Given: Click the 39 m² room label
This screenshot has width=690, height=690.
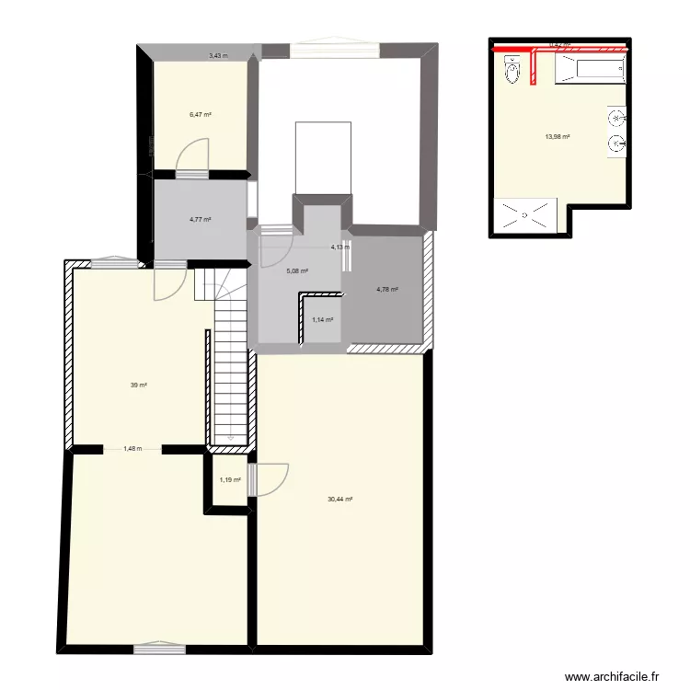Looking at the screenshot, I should [x=139, y=385].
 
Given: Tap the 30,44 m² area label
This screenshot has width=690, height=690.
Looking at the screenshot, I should [x=340, y=500].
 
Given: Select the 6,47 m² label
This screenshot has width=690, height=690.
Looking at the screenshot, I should [x=201, y=115].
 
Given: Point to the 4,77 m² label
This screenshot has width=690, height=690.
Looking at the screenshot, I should [x=201, y=220].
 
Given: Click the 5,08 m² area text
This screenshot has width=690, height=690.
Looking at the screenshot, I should [x=297, y=271].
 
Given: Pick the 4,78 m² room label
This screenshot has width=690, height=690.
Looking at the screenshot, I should [x=387, y=290].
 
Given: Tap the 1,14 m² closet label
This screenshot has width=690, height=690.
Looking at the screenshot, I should [x=322, y=320].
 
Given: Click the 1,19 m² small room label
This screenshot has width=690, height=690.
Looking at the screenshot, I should [x=230, y=479].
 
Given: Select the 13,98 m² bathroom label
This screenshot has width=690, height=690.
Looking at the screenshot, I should [x=558, y=137].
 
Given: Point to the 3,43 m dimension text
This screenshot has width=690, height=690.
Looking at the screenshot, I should [x=217, y=56].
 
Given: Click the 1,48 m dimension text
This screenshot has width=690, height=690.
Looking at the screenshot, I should [x=132, y=449].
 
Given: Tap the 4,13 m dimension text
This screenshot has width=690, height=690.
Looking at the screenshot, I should [x=339, y=247].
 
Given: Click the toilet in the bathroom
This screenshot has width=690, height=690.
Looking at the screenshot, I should [x=512, y=70].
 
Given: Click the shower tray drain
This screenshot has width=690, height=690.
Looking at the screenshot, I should [x=525, y=215].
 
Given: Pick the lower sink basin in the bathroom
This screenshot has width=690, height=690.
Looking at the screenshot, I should [x=616, y=144].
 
